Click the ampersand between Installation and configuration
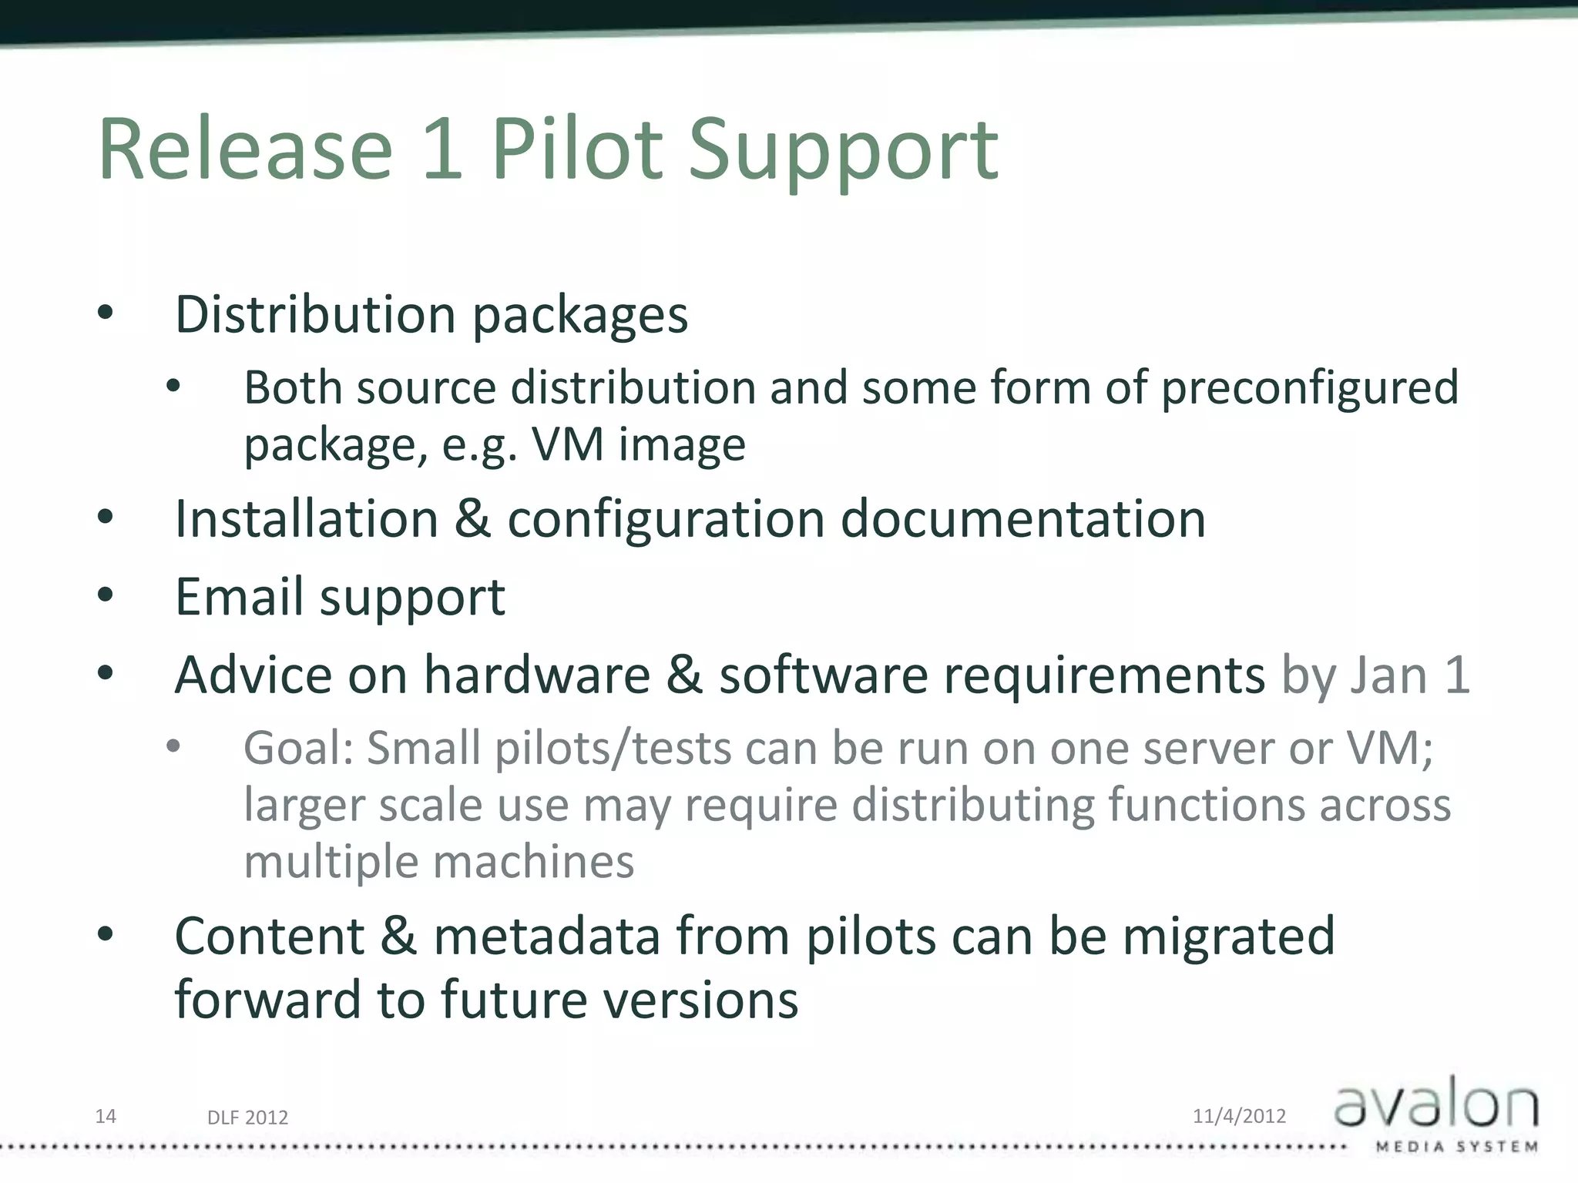click(x=472, y=519)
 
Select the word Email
click(x=239, y=597)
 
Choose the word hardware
click(x=537, y=675)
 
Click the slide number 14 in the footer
click(x=106, y=1116)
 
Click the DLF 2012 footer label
click(x=247, y=1118)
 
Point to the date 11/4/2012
click(x=1239, y=1116)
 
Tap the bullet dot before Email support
click(x=106, y=595)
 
